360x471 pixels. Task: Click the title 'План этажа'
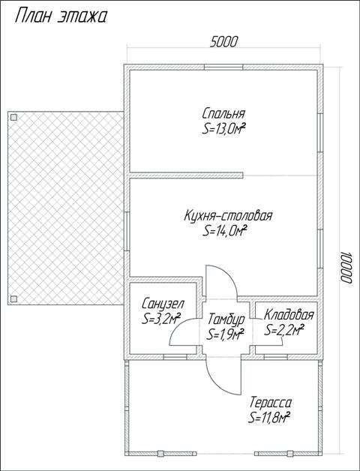click(61, 16)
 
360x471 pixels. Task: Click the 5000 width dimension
click(223, 42)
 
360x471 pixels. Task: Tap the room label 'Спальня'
click(223, 113)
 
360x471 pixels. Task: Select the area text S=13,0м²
click(223, 129)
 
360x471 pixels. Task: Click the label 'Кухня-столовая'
click(228, 216)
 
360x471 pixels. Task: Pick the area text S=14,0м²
click(225, 231)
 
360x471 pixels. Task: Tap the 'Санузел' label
click(163, 304)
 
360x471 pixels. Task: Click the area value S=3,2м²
click(161, 319)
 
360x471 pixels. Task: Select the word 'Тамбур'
click(226, 319)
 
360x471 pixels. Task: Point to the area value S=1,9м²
click(225, 334)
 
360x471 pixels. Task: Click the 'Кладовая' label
click(289, 315)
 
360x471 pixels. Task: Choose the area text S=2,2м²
click(284, 329)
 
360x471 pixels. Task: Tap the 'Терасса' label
click(270, 402)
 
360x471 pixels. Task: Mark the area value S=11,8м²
click(269, 417)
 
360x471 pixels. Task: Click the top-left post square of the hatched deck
click(13, 117)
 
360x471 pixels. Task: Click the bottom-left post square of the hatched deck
click(13, 298)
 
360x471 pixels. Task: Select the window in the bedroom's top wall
click(223, 67)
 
